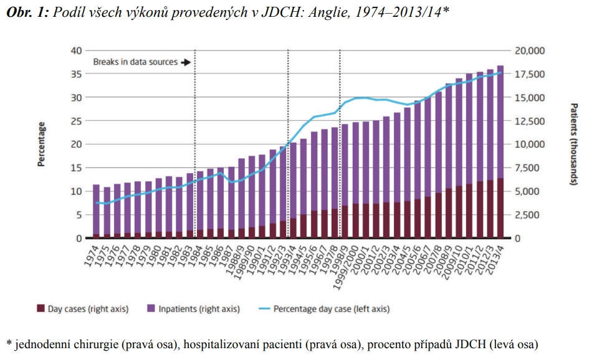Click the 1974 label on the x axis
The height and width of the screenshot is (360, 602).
pyautogui.click(x=91, y=254)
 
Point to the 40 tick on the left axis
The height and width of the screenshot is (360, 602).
pyautogui.click(x=77, y=50)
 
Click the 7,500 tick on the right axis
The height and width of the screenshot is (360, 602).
pyautogui.click(x=530, y=168)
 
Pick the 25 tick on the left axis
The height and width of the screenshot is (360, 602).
pyautogui.click(x=77, y=121)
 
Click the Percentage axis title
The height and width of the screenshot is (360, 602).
pyautogui.click(x=42, y=144)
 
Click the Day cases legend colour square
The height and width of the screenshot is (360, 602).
pyautogui.click(x=41, y=308)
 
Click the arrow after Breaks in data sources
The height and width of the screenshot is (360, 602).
pyautogui.click(x=186, y=62)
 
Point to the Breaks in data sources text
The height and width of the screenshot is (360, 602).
pyautogui.click(x=135, y=62)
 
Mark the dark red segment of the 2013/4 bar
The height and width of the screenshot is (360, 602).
pyautogui.click(x=500, y=209)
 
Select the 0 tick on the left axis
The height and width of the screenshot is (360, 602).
pyautogui.click(x=79, y=239)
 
